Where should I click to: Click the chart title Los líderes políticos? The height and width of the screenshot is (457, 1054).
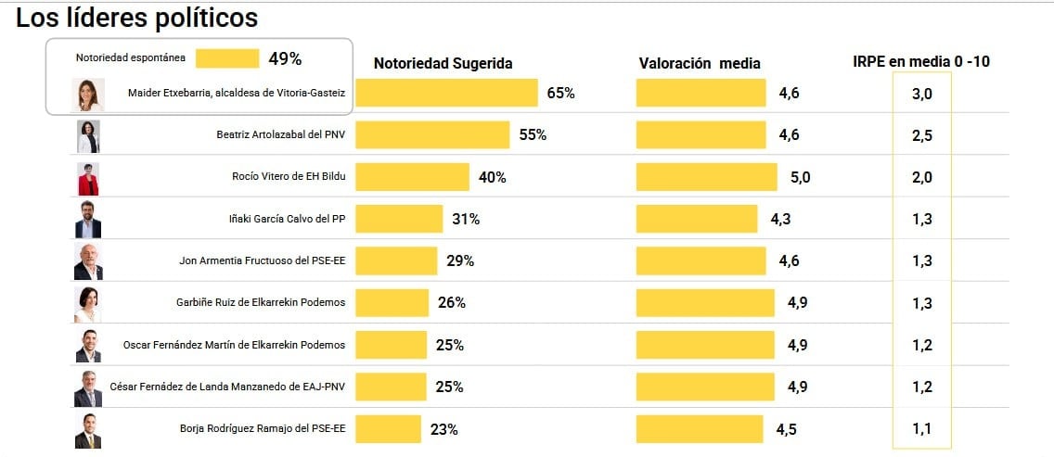pyautogui.click(x=137, y=19)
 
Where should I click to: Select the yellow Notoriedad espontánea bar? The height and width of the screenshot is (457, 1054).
pyautogui.click(x=227, y=58)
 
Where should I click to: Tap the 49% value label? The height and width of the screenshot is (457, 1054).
pyautogui.click(x=285, y=58)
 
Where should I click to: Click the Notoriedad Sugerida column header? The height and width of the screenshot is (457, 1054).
pyautogui.click(x=443, y=63)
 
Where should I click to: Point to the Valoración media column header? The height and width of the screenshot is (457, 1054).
pyautogui.click(x=700, y=63)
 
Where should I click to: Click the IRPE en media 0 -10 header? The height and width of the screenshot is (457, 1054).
pyautogui.click(x=921, y=62)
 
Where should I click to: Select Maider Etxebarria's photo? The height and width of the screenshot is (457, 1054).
pyautogui.click(x=87, y=94)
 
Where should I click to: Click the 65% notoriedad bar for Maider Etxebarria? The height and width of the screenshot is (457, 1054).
pyautogui.click(x=446, y=93)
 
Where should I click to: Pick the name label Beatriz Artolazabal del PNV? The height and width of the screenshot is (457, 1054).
pyautogui.click(x=280, y=135)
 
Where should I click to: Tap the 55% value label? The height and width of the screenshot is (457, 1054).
pyautogui.click(x=533, y=135)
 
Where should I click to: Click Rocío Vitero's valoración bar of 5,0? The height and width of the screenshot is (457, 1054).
pyautogui.click(x=707, y=177)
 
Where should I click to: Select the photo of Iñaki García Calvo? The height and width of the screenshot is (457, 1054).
pyautogui.click(x=87, y=220)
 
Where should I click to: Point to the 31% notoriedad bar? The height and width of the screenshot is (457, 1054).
pyautogui.click(x=399, y=219)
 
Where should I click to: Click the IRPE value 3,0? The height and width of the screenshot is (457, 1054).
pyautogui.click(x=921, y=94)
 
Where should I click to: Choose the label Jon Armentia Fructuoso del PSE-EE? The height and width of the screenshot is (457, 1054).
pyautogui.click(x=262, y=261)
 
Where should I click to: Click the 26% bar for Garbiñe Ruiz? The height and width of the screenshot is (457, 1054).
pyautogui.click(x=392, y=302)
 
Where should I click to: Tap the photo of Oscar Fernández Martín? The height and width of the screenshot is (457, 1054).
pyautogui.click(x=87, y=345)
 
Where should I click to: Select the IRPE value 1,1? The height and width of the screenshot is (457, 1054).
pyautogui.click(x=921, y=428)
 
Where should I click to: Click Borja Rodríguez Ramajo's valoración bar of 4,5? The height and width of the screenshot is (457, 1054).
pyautogui.click(x=700, y=428)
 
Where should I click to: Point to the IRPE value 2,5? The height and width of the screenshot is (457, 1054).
pyautogui.click(x=921, y=135)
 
